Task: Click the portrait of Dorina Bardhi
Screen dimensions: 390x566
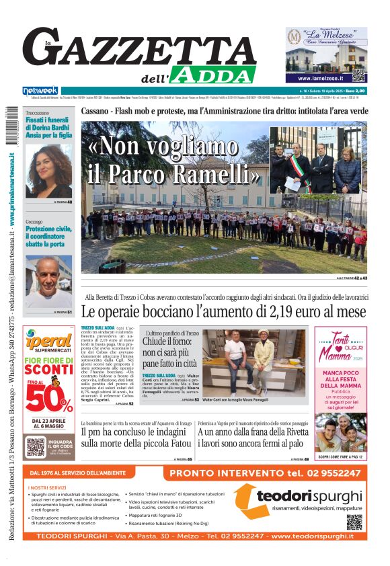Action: click(48, 171)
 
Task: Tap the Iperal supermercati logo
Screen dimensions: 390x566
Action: click(48, 341)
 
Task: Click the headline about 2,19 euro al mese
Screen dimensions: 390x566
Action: click(223, 312)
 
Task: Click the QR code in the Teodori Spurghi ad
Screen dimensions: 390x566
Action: click(354, 522)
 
